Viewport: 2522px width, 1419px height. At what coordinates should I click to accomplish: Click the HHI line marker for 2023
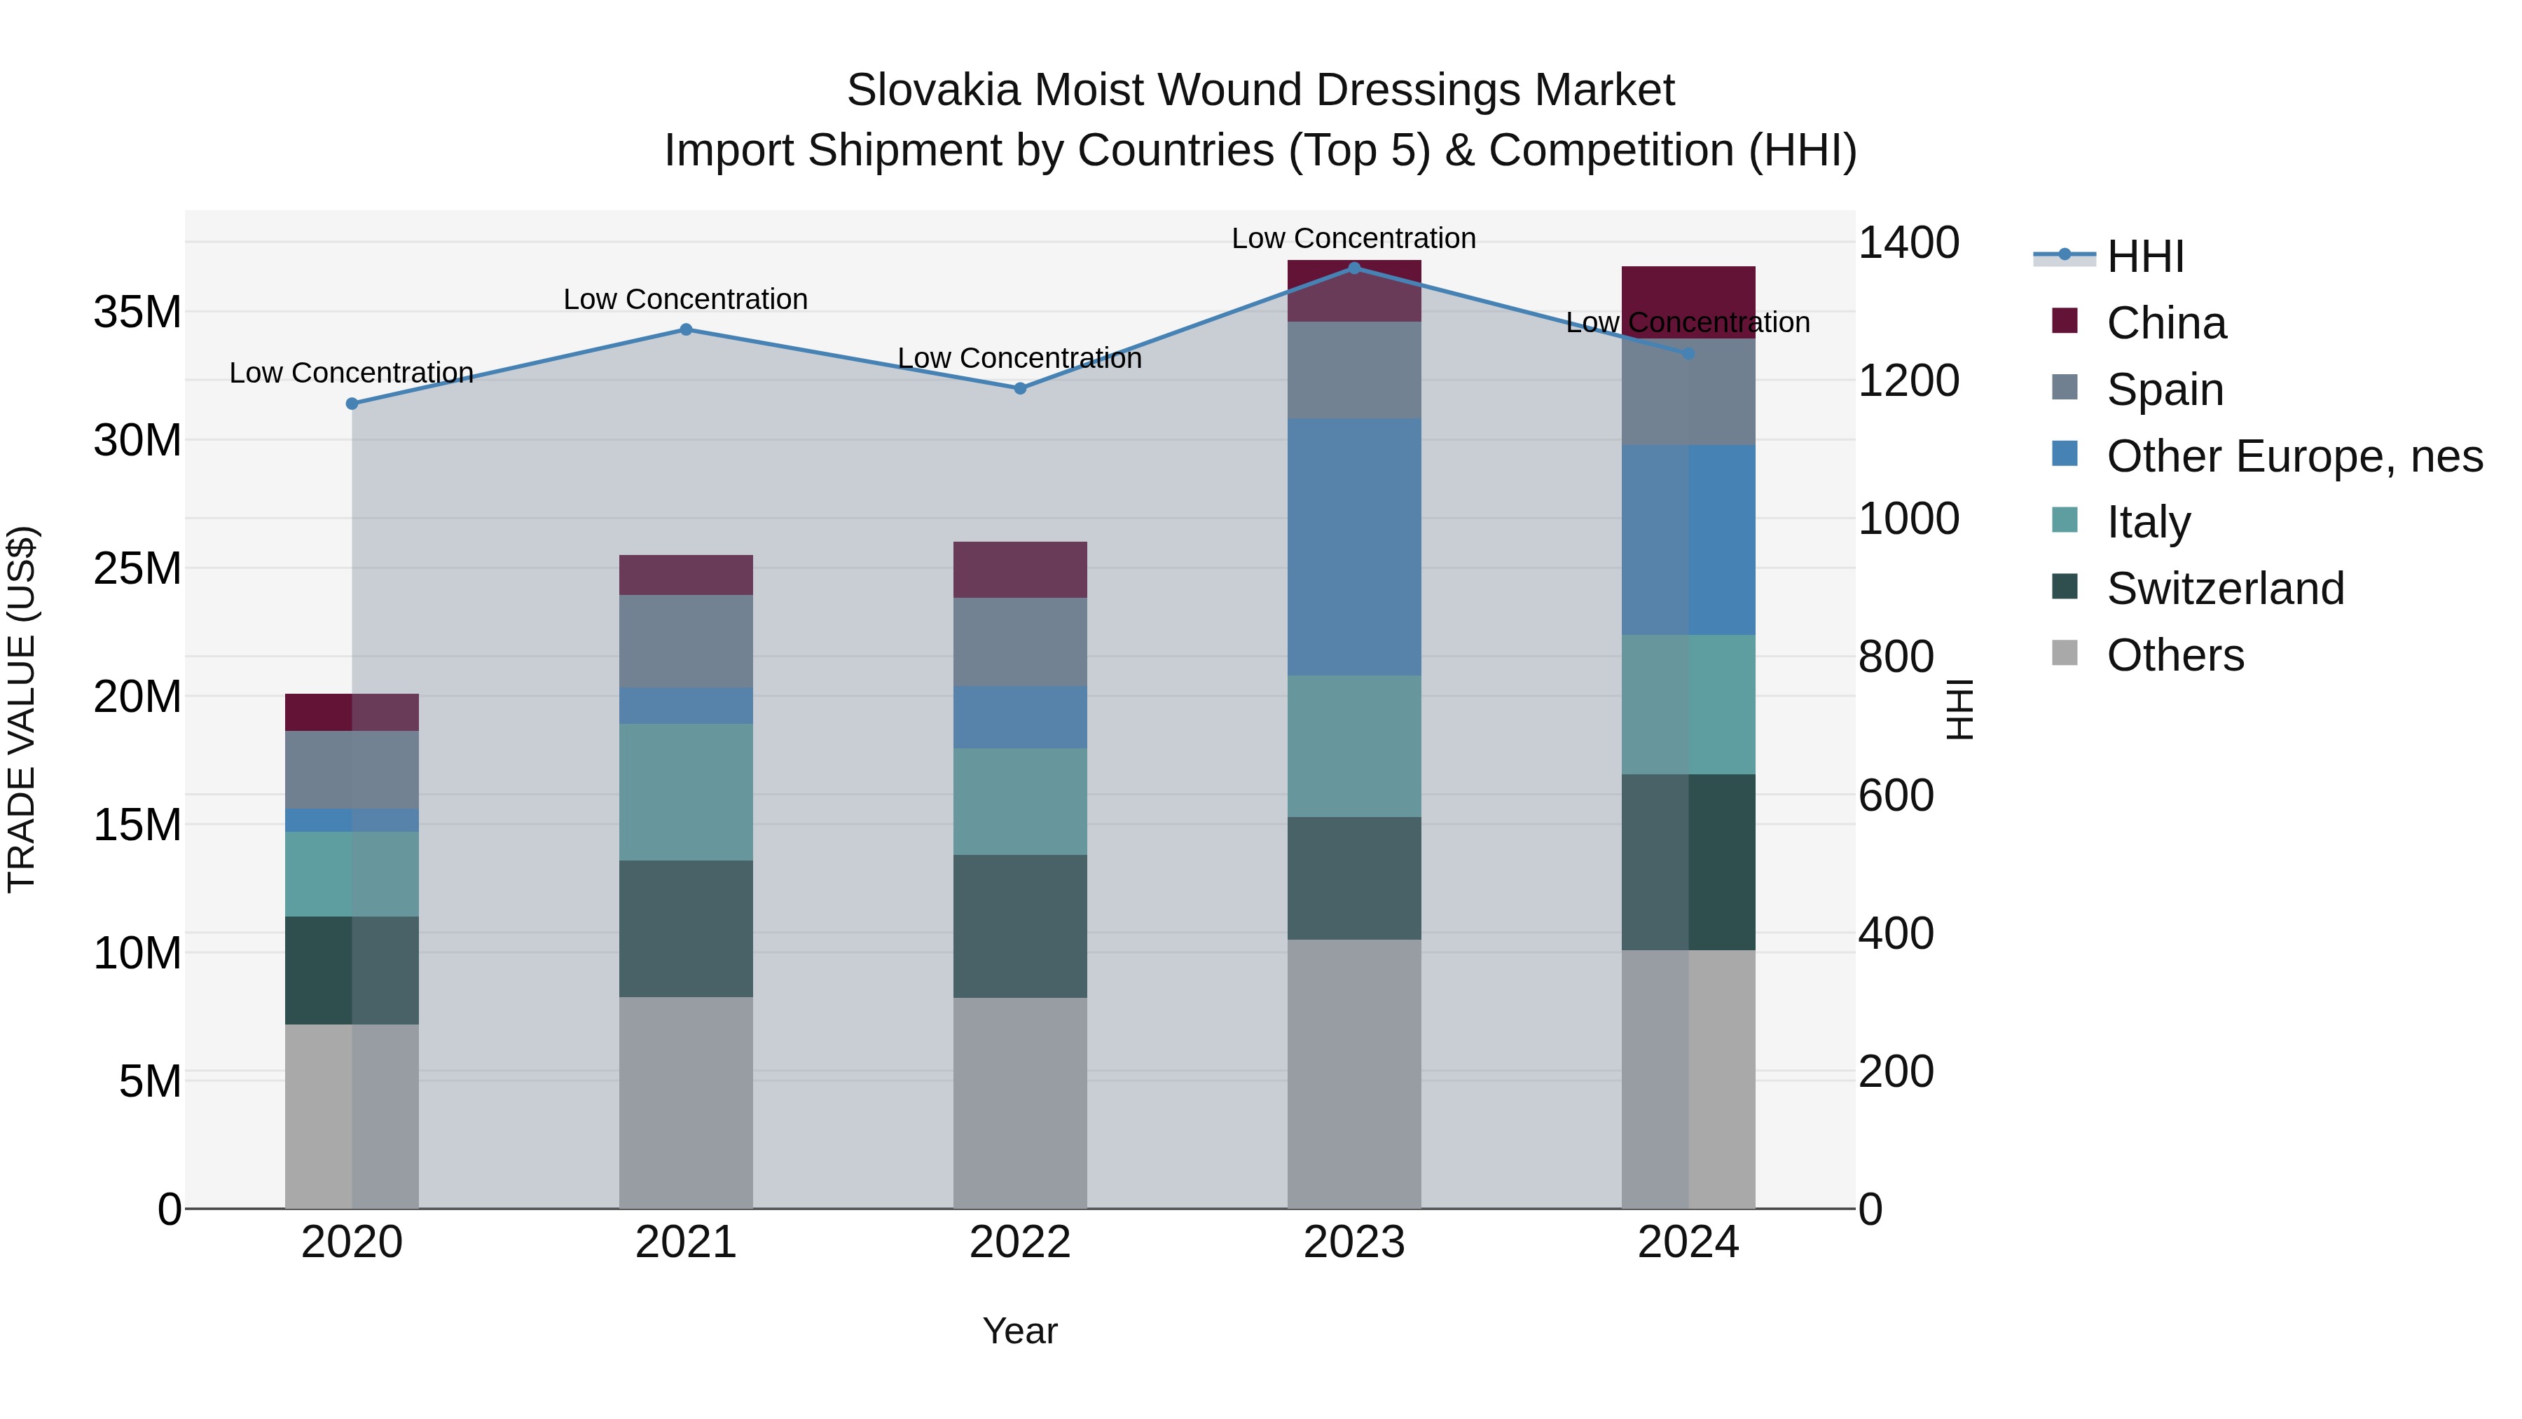pos(1354,268)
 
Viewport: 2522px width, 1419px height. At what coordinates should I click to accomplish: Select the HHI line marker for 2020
pos(352,404)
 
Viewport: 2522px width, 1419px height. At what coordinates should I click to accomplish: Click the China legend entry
pos(2165,323)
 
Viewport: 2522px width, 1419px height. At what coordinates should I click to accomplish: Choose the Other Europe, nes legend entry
pos(2293,456)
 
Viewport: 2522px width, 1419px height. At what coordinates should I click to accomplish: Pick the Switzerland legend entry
pos(2224,589)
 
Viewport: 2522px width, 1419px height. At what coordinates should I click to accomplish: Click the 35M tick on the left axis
pos(137,313)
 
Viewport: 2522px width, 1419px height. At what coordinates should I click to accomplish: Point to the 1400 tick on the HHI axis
pos(1907,243)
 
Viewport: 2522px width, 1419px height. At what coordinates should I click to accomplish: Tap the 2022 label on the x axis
pos(1019,1242)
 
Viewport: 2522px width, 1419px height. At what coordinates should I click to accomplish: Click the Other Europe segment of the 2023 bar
pos(1354,547)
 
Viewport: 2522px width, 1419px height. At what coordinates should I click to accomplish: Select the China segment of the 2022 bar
pos(1019,569)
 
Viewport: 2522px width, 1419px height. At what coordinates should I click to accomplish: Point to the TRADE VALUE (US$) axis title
pos(22,709)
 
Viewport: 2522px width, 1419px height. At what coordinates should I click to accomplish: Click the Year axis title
pos(1019,1331)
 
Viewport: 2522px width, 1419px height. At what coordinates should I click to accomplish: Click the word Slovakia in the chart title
pos(934,90)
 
